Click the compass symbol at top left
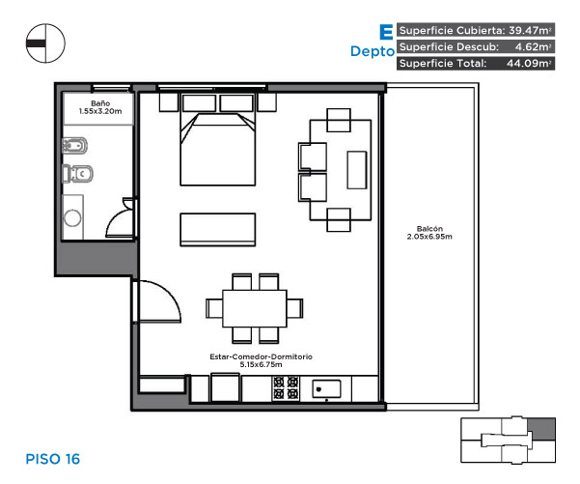click(45, 43)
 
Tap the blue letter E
click(386, 32)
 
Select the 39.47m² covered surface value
click(530, 30)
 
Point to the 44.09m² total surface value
click(529, 63)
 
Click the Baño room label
click(100, 103)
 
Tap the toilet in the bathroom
click(77, 173)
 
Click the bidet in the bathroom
click(74, 146)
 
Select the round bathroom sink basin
click(72, 217)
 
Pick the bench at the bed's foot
click(217, 230)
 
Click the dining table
click(255, 308)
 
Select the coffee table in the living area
click(356, 170)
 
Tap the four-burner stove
click(286, 388)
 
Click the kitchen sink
click(326, 389)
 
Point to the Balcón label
click(429, 229)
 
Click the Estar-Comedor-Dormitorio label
click(262, 356)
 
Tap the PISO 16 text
click(52, 459)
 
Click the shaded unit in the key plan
click(541, 429)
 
